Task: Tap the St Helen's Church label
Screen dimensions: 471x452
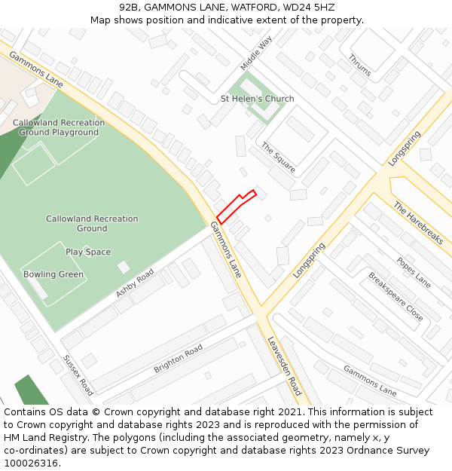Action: point(257,99)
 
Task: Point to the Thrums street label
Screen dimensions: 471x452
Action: point(359,66)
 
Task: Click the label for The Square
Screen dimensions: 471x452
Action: point(278,156)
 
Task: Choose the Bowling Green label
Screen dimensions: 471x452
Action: point(53,274)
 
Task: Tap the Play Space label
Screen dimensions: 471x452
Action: point(88,252)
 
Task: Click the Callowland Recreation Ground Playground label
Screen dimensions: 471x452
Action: point(59,127)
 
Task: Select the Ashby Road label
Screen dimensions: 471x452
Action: point(135,283)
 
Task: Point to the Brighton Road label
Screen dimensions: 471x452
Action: point(178,359)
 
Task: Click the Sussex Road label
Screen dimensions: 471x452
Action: point(78,375)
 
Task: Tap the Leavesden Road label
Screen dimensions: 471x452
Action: point(285,365)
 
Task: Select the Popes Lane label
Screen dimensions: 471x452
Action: point(414,272)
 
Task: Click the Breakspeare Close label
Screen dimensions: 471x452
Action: point(395,297)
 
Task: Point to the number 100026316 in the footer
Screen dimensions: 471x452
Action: point(32,463)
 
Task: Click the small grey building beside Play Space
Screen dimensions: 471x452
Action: point(124,267)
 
